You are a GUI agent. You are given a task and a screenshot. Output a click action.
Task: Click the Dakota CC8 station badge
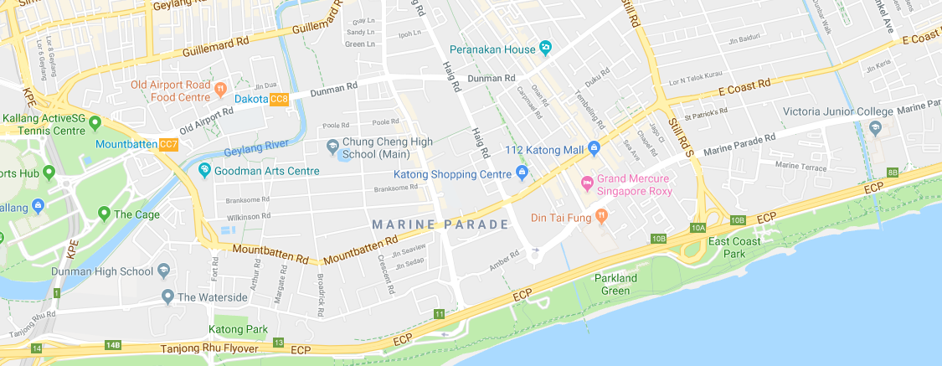(x=279, y=100)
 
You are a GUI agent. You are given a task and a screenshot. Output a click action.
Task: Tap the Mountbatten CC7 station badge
(x=168, y=145)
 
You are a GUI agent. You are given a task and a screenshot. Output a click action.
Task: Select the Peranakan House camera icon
(x=546, y=47)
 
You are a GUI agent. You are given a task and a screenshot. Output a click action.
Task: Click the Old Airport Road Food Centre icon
(x=220, y=87)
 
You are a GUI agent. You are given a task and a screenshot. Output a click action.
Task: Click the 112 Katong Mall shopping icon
(x=594, y=149)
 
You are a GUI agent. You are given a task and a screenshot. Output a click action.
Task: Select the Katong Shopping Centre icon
(x=522, y=174)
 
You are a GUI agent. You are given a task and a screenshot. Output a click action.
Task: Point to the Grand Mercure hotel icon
(x=587, y=182)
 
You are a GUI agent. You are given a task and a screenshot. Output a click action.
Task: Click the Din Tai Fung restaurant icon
(x=601, y=217)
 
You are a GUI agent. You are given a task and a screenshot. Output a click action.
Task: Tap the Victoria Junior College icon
(x=876, y=127)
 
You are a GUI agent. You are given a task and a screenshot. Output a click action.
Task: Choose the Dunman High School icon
(x=163, y=271)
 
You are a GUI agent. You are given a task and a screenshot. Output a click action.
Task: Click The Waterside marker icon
(x=167, y=296)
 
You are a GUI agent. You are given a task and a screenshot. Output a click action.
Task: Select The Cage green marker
(x=104, y=214)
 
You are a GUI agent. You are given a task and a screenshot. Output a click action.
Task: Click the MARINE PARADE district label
(x=440, y=224)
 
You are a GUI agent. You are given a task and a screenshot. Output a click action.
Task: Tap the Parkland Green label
(x=615, y=285)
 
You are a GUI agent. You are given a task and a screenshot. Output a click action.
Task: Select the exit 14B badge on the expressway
(x=113, y=345)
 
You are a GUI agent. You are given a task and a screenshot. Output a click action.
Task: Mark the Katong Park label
(x=239, y=329)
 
